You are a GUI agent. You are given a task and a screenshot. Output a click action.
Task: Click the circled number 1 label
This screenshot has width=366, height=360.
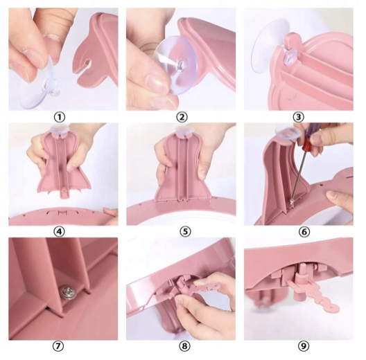pos(60,117)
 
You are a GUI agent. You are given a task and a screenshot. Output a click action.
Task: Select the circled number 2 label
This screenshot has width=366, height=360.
pos(182,117)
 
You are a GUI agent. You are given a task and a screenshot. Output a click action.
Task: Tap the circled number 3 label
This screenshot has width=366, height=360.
pos(298,117)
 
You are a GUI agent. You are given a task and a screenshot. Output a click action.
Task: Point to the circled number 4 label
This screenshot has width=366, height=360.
pos(59,231)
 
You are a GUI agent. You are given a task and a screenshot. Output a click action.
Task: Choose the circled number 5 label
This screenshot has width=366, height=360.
pos(185,231)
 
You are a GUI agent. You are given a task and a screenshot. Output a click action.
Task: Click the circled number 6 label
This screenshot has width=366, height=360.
pos(304,231)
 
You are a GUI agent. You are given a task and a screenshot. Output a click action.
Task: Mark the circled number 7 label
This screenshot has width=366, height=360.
pos(58,346)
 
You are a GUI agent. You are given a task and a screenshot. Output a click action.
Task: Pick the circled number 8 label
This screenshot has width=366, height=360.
pos(184,346)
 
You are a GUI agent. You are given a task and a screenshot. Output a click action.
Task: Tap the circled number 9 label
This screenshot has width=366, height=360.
pos(303,346)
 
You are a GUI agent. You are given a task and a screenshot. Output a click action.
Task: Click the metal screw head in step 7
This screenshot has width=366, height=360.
pos(65,291)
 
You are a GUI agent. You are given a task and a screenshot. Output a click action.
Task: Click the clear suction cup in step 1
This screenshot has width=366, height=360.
pos(40,87)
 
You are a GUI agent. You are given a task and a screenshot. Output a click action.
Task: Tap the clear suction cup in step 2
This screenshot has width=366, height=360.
pos(176,65)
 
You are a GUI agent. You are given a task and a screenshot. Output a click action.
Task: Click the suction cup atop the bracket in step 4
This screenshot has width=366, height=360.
pos(59,129)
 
